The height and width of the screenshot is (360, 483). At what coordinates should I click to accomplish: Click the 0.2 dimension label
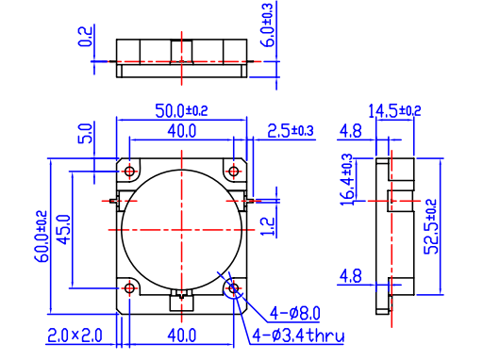pyautogui.click(x=85, y=37)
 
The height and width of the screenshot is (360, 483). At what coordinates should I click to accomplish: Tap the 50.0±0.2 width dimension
pyautogui.click(x=181, y=111)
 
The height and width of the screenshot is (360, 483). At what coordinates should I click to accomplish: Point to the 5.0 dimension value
pyautogui.click(x=85, y=134)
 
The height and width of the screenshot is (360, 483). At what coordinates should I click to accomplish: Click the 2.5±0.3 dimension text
pyautogui.click(x=291, y=131)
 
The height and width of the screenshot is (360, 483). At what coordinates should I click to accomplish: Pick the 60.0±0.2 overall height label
pyautogui.click(x=42, y=237)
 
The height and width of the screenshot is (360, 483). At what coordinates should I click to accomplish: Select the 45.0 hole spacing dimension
pyautogui.click(x=63, y=229)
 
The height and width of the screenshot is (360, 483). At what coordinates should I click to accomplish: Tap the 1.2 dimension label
pyautogui.click(x=268, y=226)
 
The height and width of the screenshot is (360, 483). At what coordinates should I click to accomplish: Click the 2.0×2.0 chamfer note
pyautogui.click(x=75, y=335)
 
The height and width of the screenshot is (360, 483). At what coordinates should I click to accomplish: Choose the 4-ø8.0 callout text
pyautogui.click(x=295, y=314)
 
